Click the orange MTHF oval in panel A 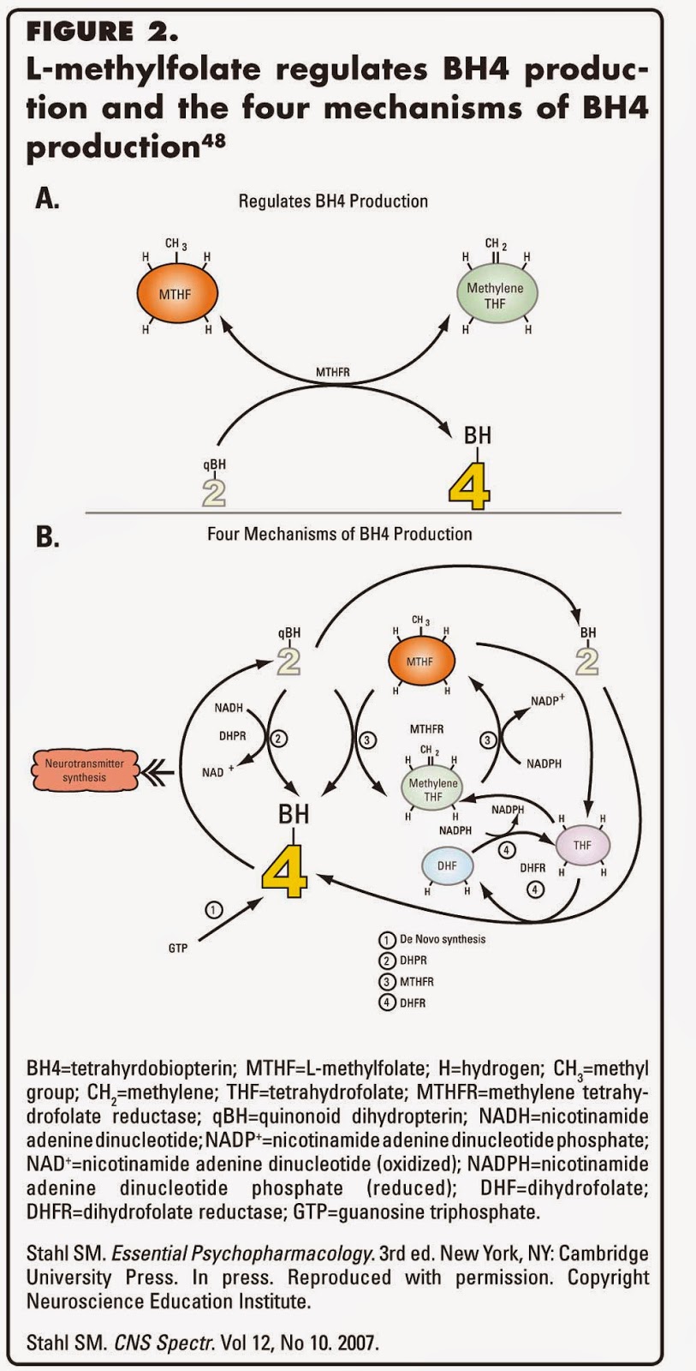(175, 294)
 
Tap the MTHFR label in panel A (332, 373)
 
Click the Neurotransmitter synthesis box (84, 770)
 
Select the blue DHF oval (447, 865)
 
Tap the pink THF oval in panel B (582, 845)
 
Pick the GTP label (178, 949)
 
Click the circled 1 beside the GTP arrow (215, 909)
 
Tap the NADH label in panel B (229, 708)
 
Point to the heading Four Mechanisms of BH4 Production (339, 534)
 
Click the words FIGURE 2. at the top (102, 33)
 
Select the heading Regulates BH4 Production (333, 201)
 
